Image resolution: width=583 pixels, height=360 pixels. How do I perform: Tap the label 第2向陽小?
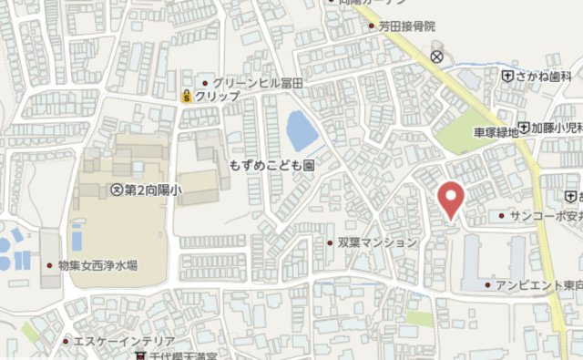[152, 190]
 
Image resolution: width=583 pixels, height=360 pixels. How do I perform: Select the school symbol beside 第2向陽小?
[115, 190]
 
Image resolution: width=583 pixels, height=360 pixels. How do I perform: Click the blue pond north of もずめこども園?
[302, 132]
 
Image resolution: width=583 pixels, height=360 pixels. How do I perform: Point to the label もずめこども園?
[271, 168]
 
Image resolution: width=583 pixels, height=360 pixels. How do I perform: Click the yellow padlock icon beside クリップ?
[186, 96]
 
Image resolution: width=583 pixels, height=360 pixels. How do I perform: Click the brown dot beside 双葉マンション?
[330, 242]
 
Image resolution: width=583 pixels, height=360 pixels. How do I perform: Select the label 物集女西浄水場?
[97, 265]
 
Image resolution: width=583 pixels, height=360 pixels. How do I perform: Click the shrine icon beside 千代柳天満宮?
[141, 355]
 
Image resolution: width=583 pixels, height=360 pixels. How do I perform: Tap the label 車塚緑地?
[495, 132]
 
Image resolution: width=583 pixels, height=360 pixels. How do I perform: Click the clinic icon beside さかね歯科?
[507, 77]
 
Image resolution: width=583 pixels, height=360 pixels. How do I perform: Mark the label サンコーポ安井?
[546, 217]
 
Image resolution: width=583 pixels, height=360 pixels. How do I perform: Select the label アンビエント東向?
[539, 285]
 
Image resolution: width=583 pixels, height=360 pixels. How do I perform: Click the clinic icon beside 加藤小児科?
[524, 129]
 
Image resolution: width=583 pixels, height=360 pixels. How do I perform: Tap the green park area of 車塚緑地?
[464, 136]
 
